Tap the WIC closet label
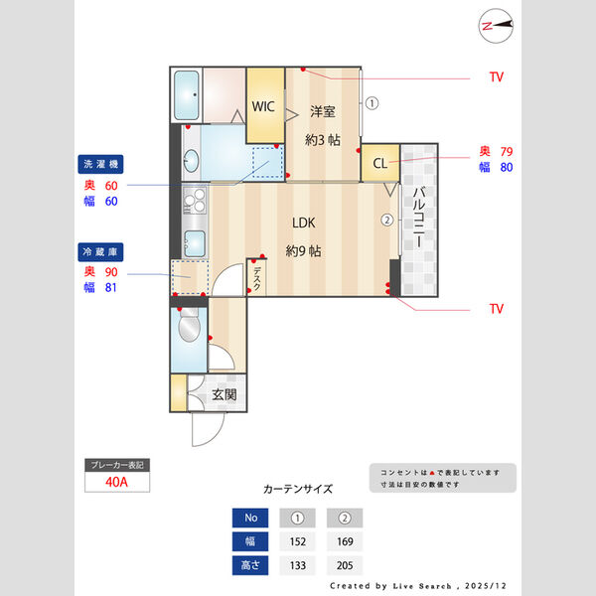(264, 106)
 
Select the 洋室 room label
(322, 111)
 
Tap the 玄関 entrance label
(224, 394)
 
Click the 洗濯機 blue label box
(101, 164)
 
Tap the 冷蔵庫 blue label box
(101, 252)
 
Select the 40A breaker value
(116, 482)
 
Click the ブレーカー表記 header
(116, 465)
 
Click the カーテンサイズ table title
(298, 489)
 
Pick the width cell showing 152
(296, 541)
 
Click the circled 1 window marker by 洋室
(371, 101)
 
